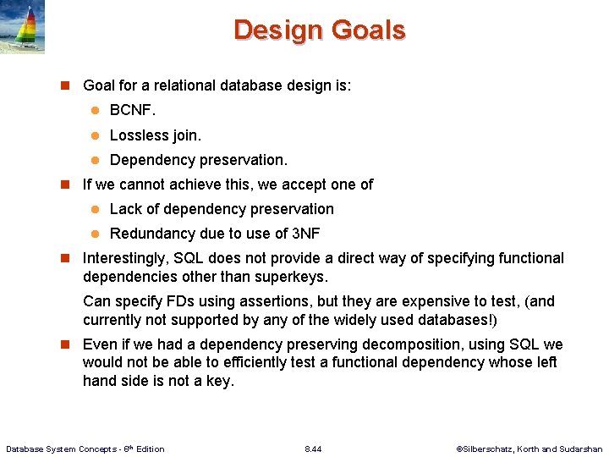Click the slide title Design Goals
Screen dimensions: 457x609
tap(320, 30)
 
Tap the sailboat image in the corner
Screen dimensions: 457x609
tap(23, 27)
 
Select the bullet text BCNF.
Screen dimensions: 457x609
tap(133, 110)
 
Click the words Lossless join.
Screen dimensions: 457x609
tap(156, 135)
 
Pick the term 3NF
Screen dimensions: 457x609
tap(305, 234)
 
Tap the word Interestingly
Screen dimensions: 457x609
tap(128, 258)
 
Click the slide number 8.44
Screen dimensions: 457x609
tap(313, 449)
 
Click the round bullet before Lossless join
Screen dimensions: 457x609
tap(96, 135)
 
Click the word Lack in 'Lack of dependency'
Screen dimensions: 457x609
tap(125, 209)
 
